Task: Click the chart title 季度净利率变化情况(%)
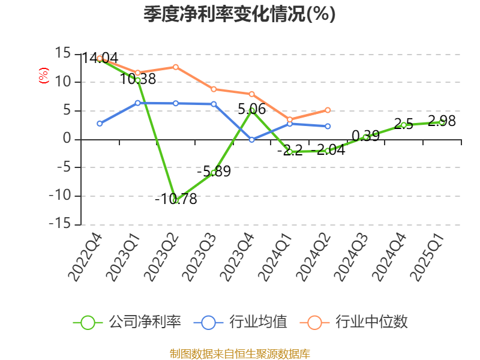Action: pos(239,14)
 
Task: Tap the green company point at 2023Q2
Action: pos(176,200)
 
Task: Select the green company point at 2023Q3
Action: pos(214,173)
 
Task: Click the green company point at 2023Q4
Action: pos(252,110)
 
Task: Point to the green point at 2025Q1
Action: pos(442,122)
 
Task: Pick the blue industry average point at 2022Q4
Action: pos(100,124)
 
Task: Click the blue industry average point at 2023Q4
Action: pos(252,140)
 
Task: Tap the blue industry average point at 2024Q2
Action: pos(328,126)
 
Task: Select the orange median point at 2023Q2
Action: pos(176,67)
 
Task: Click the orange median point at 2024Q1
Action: pos(290,119)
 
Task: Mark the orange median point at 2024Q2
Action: pos(328,110)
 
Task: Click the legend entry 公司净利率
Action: pos(127,322)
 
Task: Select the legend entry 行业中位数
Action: pos(358,322)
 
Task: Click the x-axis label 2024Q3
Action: pos(352,257)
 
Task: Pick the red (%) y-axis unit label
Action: pos(43,76)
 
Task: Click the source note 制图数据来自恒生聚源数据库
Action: pos(239,353)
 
